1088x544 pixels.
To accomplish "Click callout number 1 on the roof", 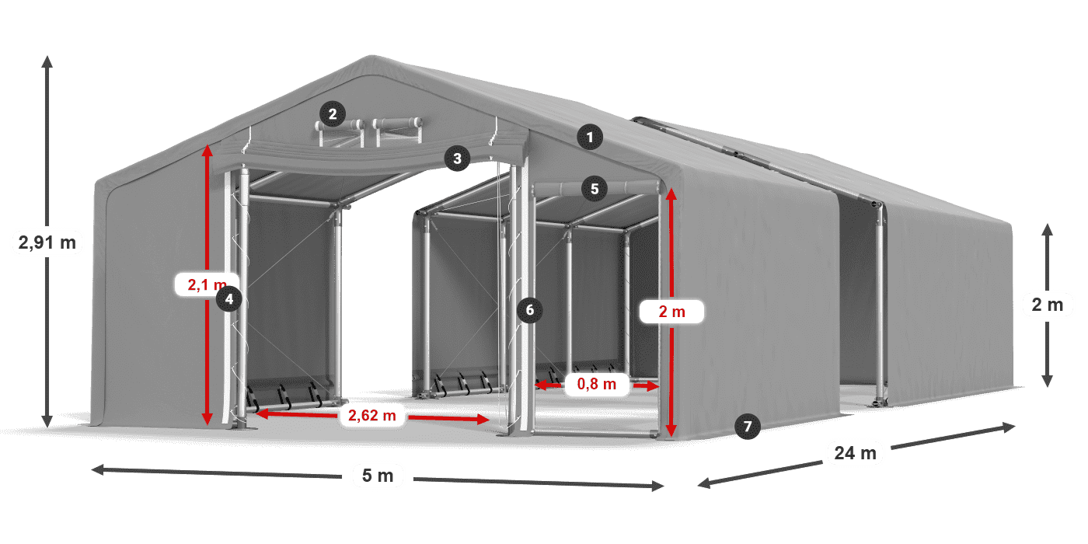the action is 590,137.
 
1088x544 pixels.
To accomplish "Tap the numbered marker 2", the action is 333,114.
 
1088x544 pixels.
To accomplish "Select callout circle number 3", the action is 457,159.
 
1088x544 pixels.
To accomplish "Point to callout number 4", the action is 228,298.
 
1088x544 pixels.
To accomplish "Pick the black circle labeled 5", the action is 595,189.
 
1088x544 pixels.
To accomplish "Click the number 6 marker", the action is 529,310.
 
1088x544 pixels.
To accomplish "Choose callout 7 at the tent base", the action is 747,427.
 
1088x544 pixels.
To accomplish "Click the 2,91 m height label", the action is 47,242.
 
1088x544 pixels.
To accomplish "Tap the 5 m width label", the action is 378,476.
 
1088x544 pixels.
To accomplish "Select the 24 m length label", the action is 856,453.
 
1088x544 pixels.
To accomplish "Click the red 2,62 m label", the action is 372,415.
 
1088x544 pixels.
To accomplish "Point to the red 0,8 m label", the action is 597,384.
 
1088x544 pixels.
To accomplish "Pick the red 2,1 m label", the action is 207,284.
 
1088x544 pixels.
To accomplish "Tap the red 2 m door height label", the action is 671,312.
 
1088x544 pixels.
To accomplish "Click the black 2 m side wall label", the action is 1048,305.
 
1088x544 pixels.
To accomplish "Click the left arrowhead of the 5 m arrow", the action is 94,469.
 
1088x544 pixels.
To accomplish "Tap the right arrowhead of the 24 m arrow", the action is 1012,427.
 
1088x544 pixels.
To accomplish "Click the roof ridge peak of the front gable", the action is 371,57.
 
